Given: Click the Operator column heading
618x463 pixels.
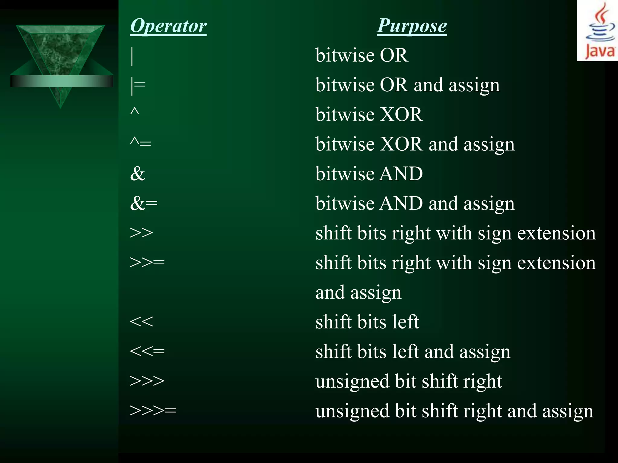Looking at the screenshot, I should click(x=168, y=26).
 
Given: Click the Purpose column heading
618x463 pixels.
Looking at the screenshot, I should click(x=412, y=26).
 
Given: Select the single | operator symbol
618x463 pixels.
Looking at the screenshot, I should click(x=132, y=56).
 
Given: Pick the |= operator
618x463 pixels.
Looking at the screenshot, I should click(x=138, y=86).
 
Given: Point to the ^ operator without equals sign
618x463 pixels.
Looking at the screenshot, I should click(x=135, y=112).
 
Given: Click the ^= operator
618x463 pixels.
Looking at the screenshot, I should click(x=140, y=142).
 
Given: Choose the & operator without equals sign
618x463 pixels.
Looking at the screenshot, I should click(x=138, y=174).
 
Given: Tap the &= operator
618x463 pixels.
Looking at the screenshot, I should click(x=144, y=203).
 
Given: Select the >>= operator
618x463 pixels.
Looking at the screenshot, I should click(x=147, y=262).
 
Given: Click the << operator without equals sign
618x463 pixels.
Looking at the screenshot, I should click(x=141, y=322).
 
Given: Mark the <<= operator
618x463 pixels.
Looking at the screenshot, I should click(x=147, y=351).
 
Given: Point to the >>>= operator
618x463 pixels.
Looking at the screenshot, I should click(x=153, y=410).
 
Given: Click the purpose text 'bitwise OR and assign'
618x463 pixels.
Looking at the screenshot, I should click(x=407, y=85).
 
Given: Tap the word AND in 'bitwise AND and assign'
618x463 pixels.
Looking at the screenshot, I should click(x=401, y=203).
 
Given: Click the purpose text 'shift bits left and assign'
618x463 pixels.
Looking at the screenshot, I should click(x=413, y=352).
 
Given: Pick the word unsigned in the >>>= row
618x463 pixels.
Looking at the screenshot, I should click(x=352, y=411).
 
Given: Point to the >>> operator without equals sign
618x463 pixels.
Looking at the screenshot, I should click(x=147, y=381).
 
